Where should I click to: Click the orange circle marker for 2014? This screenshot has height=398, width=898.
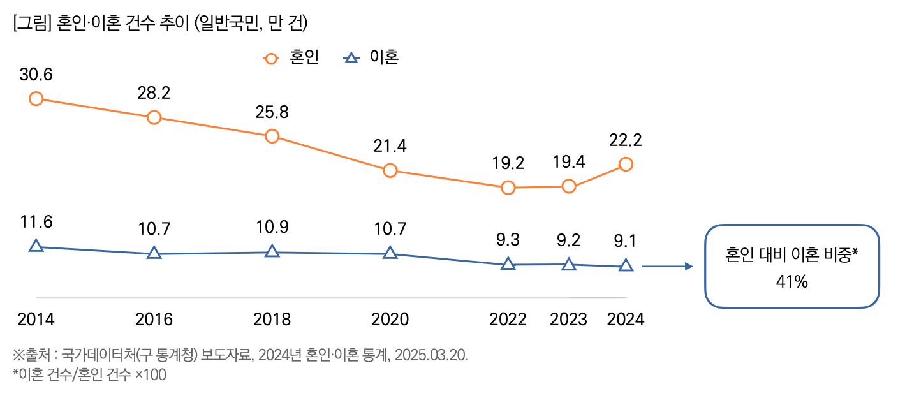(36, 98)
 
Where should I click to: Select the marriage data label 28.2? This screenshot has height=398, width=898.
(154, 93)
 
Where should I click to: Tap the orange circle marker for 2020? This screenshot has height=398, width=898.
(390, 170)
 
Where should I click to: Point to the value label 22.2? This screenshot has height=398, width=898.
(626, 140)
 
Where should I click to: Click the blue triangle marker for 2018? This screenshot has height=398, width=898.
(272, 251)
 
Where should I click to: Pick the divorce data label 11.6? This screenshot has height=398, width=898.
(36, 223)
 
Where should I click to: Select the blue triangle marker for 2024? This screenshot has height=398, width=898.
(626, 265)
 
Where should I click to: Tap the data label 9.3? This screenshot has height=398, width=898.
(508, 241)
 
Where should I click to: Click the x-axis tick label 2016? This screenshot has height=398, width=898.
(154, 319)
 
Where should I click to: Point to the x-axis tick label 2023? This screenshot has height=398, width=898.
(569, 319)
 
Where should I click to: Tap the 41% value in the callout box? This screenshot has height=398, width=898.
(792, 281)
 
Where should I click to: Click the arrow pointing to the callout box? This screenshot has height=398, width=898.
(666, 267)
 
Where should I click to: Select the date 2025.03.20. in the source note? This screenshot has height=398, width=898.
(431, 355)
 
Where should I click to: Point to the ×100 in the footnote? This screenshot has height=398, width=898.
(151, 375)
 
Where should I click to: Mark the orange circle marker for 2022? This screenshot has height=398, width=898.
(508, 188)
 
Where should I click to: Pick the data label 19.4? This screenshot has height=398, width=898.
(569, 163)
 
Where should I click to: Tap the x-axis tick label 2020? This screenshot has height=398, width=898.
(390, 319)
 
